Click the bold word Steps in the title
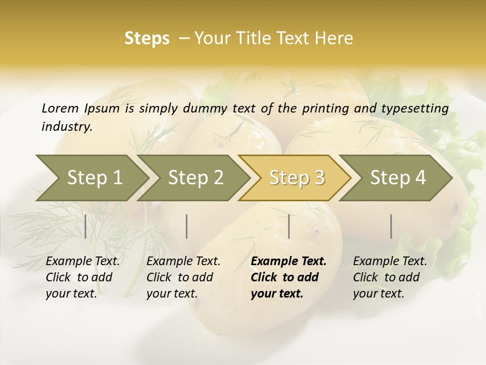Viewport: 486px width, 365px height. click(x=147, y=39)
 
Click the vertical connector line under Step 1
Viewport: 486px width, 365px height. click(x=86, y=226)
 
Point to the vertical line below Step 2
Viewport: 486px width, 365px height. click(x=187, y=226)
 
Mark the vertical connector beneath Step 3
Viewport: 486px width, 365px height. click(x=289, y=226)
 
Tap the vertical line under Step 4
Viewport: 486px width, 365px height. click(x=391, y=226)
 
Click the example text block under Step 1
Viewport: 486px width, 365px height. click(x=83, y=277)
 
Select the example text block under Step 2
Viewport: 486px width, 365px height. click(x=183, y=277)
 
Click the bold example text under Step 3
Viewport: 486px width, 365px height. click(x=289, y=277)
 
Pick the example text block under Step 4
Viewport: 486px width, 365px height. click(x=390, y=277)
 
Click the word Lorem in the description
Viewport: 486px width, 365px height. click(x=60, y=108)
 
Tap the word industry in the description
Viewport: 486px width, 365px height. click(x=66, y=127)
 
